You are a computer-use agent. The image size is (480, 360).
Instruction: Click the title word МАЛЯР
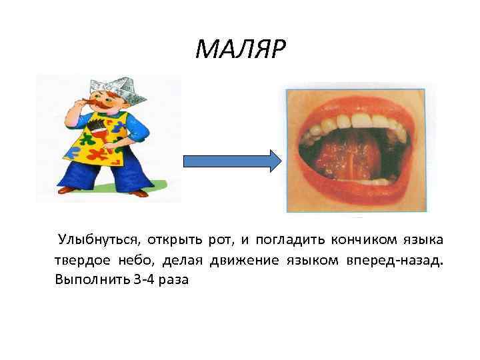coord(240,48)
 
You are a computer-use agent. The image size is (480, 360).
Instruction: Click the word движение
coord(244,260)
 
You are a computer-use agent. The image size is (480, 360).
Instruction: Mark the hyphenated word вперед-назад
coord(393,260)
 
